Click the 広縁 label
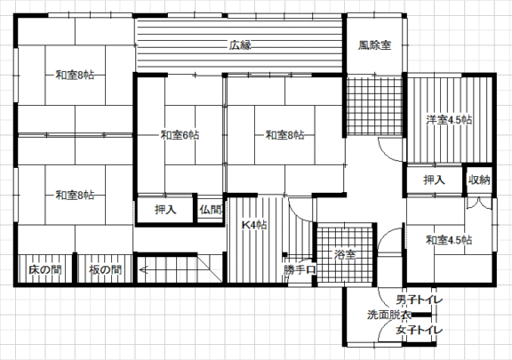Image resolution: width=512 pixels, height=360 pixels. tap(240, 45)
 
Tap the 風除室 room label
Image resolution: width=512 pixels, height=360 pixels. tap(374, 45)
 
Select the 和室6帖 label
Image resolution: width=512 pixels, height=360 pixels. tap(180, 135)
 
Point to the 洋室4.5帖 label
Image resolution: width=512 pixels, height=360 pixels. tap(449, 120)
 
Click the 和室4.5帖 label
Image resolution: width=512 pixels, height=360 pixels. tap(449, 240)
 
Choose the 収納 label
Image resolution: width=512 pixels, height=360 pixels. tap(479, 180)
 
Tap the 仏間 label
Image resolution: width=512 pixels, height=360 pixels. tap(211, 210)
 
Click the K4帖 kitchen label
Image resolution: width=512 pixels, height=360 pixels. tap(254, 225)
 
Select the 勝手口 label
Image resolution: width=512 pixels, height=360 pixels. tap(300, 270)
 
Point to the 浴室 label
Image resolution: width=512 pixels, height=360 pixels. tap(345, 255)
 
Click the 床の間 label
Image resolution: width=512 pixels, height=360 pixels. tap(45, 270)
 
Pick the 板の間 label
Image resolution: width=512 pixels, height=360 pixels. tap(105, 270)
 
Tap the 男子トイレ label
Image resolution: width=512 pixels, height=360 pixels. tap(420, 300)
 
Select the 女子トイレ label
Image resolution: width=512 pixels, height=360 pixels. tap(420, 330)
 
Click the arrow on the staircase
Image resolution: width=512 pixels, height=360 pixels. tap(168, 270)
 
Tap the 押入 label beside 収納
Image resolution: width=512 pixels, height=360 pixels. tap(435, 180)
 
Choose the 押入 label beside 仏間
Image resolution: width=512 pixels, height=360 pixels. tap(165, 210)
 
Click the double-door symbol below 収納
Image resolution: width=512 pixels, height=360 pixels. tap(479, 204)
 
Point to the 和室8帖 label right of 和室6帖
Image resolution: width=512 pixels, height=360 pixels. tap(285, 135)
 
